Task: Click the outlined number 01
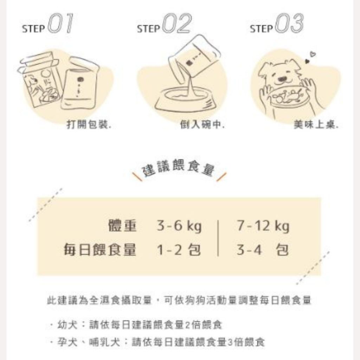[x=61, y=24]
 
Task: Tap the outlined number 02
[x=177, y=24]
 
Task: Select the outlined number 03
[x=289, y=24]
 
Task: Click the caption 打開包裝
[x=89, y=124]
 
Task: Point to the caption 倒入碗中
[x=202, y=124]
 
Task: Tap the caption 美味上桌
[x=316, y=124]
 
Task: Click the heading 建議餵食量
[x=179, y=169]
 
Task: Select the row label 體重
[x=122, y=226]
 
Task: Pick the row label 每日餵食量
[x=100, y=250]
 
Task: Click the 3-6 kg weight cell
[x=179, y=226]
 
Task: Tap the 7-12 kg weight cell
[x=263, y=226]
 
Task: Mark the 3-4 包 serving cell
[x=263, y=250]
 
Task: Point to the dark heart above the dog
[x=307, y=62]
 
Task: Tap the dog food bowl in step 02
[x=186, y=100]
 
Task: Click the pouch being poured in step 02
[x=194, y=56]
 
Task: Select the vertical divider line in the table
[x=218, y=238]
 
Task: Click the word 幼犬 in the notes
[x=67, y=325]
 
